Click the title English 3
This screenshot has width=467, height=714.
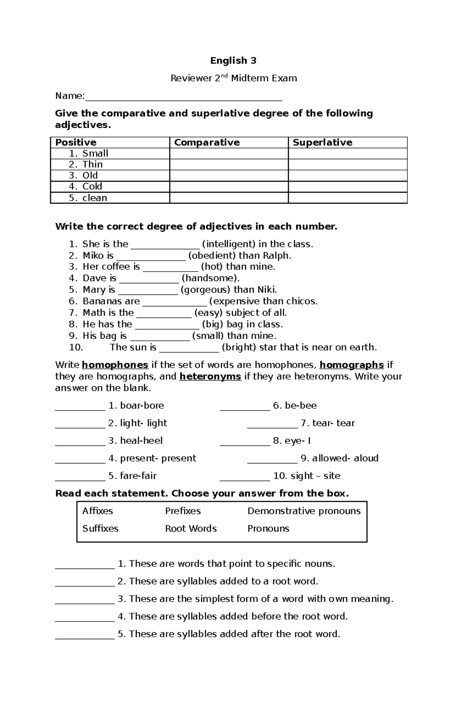coord(233,61)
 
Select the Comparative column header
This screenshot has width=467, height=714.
coord(207,142)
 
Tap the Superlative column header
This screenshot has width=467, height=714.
coord(323,142)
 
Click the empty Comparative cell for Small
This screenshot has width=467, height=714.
coord(229,154)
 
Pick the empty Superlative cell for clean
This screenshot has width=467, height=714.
coord(348,198)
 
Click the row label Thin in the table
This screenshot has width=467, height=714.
coord(93,165)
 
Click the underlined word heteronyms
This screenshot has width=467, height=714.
coord(210,377)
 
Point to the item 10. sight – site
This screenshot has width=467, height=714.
coord(307,476)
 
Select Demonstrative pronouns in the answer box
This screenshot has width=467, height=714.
coord(304,511)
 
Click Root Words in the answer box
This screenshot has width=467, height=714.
coord(191,528)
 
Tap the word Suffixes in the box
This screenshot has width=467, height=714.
coord(100,528)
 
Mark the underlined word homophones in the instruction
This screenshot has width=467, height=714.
coord(115,365)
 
